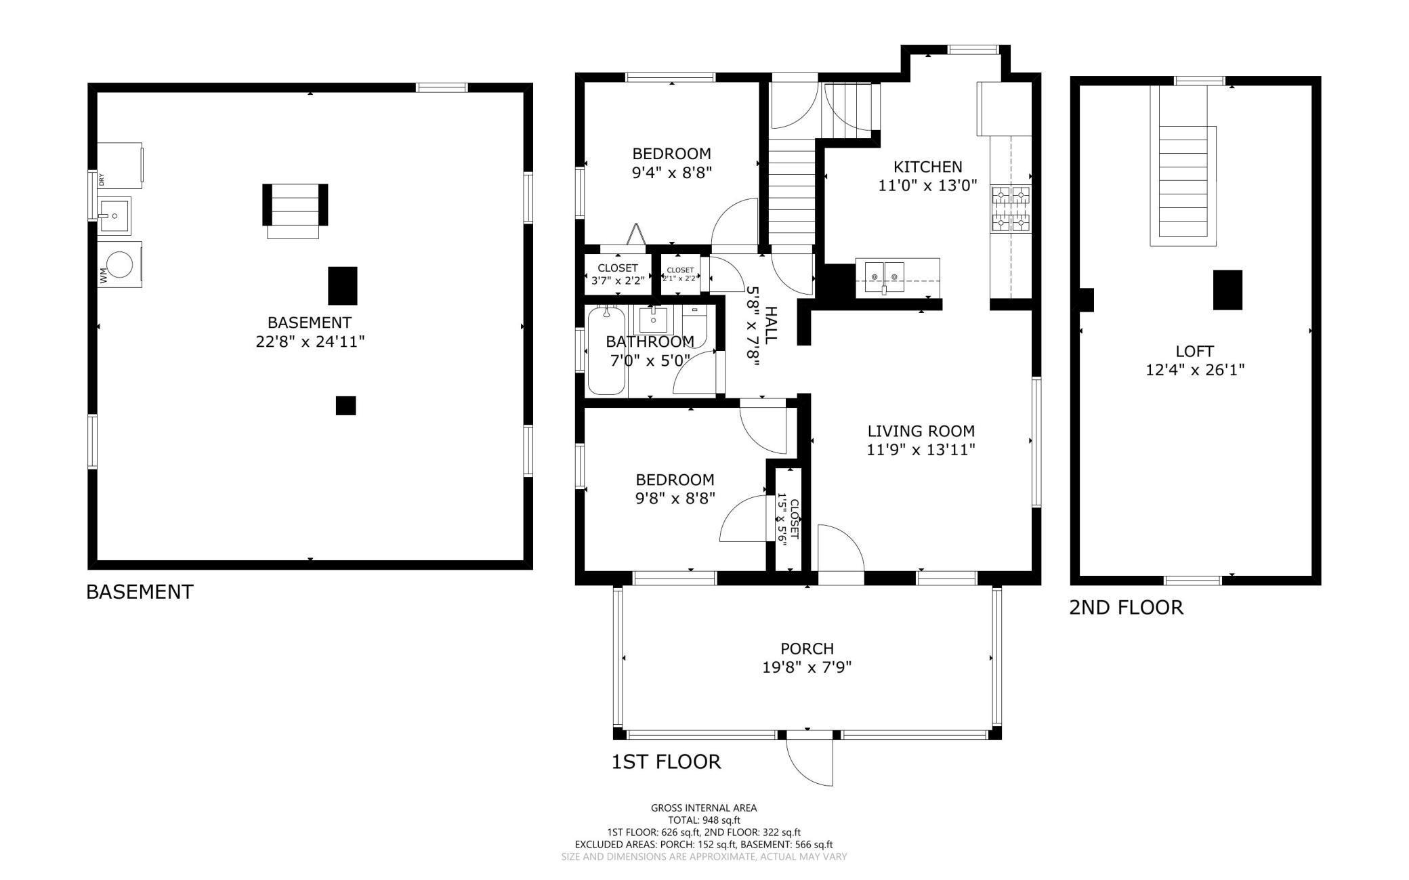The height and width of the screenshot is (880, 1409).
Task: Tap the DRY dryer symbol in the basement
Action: click(x=121, y=165)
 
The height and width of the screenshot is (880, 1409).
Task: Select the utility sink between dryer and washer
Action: click(x=114, y=215)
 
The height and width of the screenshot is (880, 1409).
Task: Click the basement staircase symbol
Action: click(x=295, y=210)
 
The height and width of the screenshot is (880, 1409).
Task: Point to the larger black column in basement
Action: click(x=342, y=285)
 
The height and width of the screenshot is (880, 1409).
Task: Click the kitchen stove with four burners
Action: click(x=1011, y=209)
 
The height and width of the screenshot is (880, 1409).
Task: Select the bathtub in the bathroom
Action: click(x=606, y=350)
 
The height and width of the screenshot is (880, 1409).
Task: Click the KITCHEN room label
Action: click(x=927, y=167)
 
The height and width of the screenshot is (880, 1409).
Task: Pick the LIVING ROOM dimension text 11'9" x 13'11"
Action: click(x=921, y=449)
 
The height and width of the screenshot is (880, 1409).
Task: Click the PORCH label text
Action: click(x=807, y=648)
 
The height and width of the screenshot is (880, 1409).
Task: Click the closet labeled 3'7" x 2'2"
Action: click(x=617, y=274)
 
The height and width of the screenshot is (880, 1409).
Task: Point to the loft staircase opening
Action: click(x=1183, y=182)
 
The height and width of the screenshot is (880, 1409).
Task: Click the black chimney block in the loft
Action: click(x=1227, y=290)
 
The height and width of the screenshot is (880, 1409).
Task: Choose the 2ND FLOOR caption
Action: click(x=1126, y=607)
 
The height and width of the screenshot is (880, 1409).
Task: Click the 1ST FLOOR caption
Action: click(x=666, y=761)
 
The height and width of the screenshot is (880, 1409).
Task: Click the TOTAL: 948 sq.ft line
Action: click(x=704, y=820)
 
